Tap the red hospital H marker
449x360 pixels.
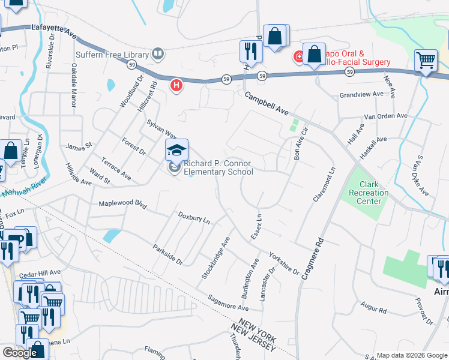(176, 86)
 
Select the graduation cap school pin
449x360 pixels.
(176, 149)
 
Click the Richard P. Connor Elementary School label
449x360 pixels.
(218, 168)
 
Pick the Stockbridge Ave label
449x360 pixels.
(216, 257)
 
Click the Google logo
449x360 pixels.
(20, 353)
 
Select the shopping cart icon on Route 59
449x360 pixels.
(426, 59)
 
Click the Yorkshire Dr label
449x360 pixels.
(283, 263)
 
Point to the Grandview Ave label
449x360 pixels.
(361, 95)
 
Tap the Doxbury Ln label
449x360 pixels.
(193, 218)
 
